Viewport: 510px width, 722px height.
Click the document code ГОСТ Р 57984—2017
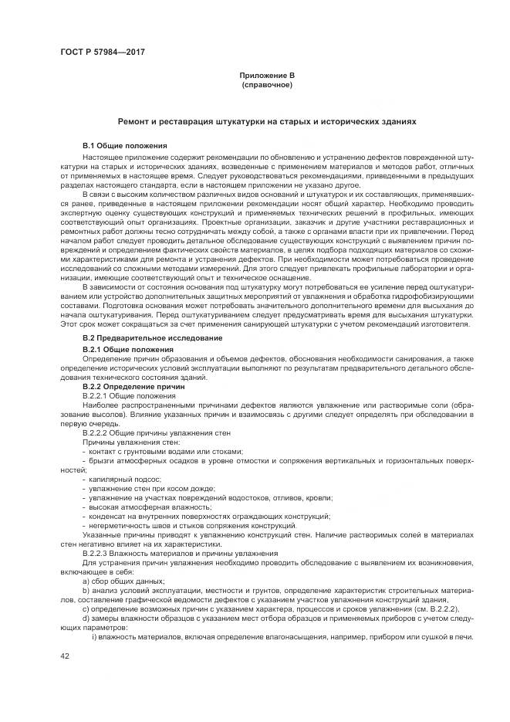click(103, 52)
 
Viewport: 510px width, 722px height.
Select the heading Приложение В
click(266, 76)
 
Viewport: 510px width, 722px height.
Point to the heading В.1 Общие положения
click(123, 145)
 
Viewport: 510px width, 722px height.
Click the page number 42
click(65, 655)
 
